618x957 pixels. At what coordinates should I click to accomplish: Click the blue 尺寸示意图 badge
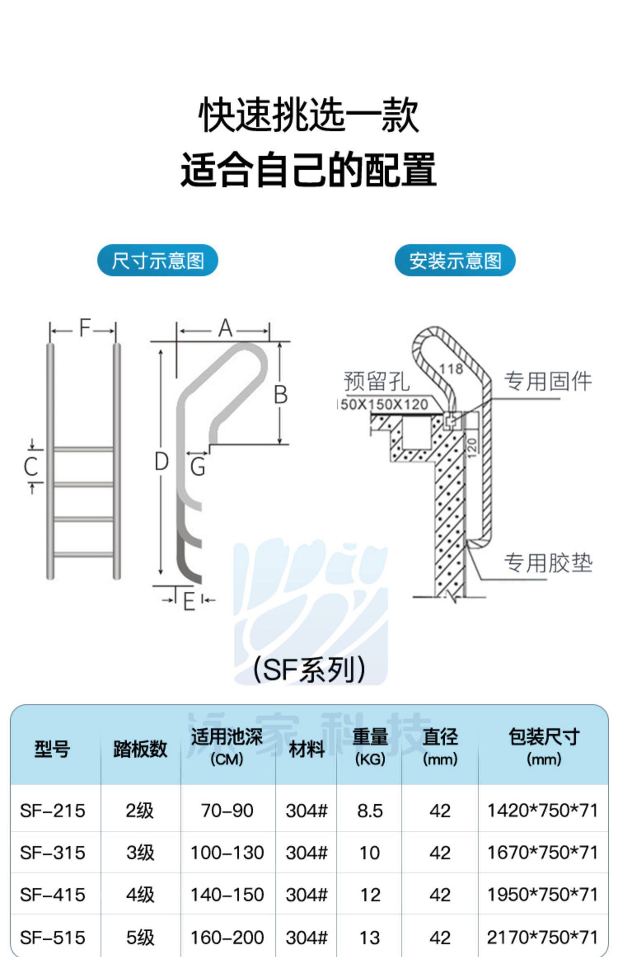pyautogui.click(x=157, y=260)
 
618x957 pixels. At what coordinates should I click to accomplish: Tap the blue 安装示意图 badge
pyautogui.click(x=455, y=260)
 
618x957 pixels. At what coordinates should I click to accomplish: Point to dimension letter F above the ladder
pyautogui.click(x=84, y=328)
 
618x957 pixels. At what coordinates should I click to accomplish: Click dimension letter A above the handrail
pyautogui.click(x=225, y=329)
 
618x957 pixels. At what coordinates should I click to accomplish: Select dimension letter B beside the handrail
pyautogui.click(x=281, y=394)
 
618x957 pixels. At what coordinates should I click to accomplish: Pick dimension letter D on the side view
pyautogui.click(x=161, y=462)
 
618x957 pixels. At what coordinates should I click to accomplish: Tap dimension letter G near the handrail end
pyautogui.click(x=198, y=468)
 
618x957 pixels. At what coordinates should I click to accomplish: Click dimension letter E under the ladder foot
pyautogui.click(x=189, y=602)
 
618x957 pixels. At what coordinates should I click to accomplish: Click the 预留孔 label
pyautogui.click(x=377, y=381)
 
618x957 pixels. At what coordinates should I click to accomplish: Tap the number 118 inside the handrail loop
pyautogui.click(x=451, y=368)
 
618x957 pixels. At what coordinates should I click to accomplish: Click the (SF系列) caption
pyautogui.click(x=309, y=670)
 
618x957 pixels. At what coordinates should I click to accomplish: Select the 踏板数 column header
pyautogui.click(x=140, y=748)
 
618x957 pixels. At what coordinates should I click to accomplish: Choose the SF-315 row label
pyautogui.click(x=52, y=853)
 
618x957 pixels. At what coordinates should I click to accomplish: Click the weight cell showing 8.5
pyautogui.click(x=370, y=811)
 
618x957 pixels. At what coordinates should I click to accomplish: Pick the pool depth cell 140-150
pyautogui.click(x=227, y=895)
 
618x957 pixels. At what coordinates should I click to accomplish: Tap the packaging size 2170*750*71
pyautogui.click(x=542, y=937)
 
